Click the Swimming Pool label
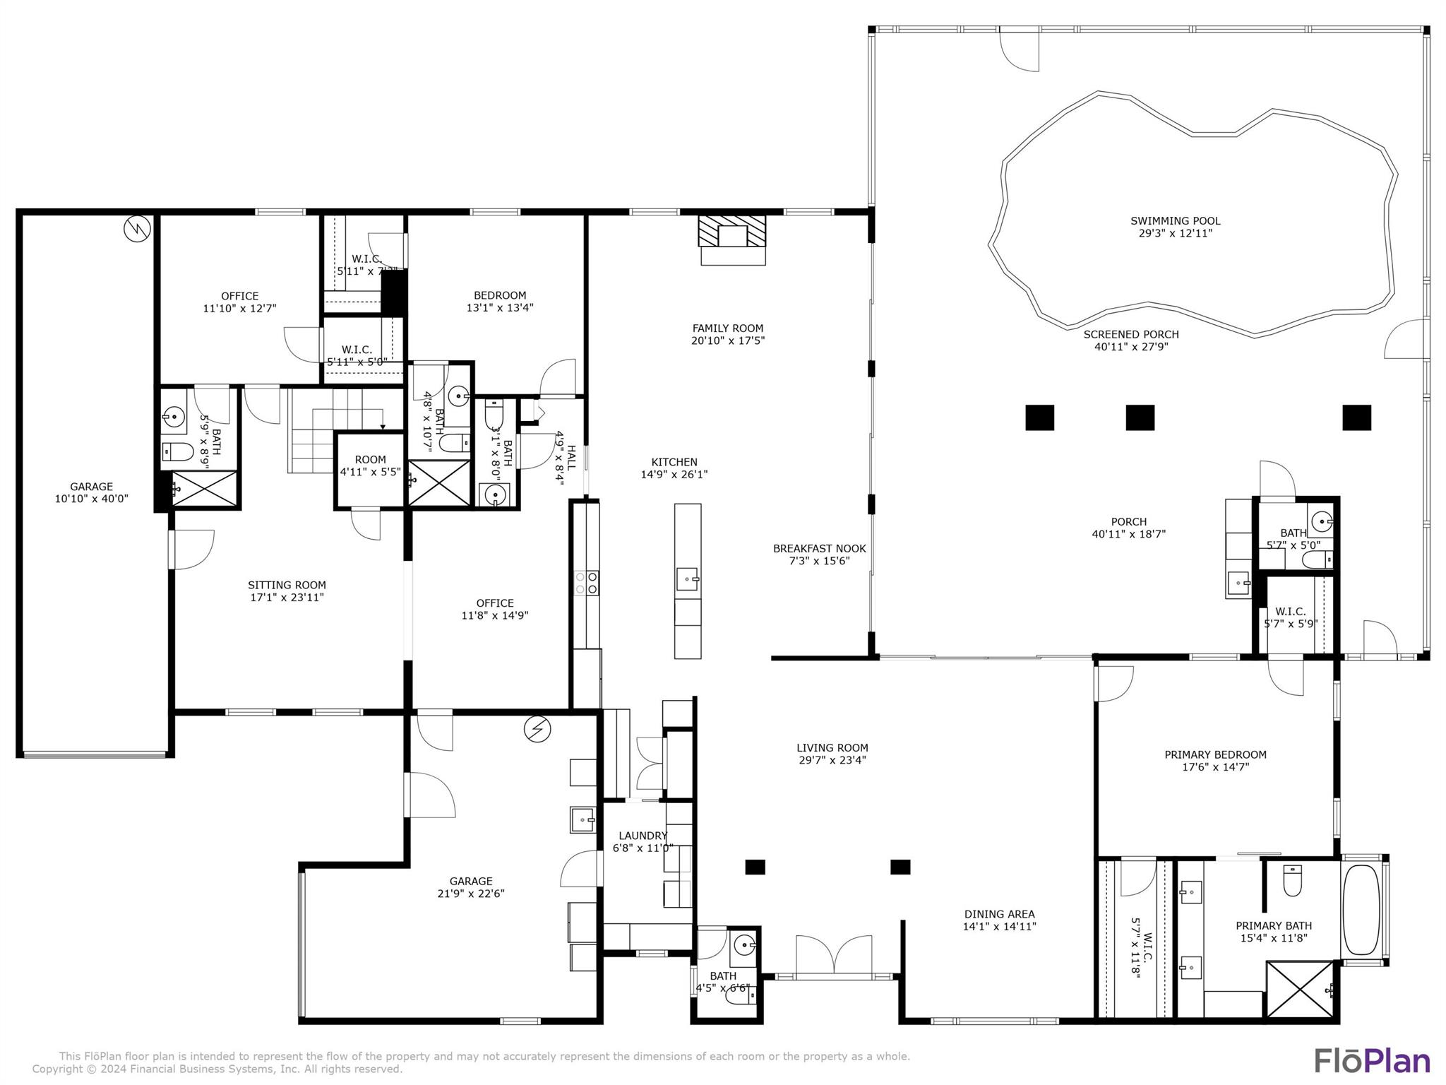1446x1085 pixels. coord(1175,221)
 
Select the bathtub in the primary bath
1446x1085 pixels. coord(1361,910)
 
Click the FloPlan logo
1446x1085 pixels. coord(1371,1061)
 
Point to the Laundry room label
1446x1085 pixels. coord(643,836)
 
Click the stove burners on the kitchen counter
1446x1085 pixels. coord(587,583)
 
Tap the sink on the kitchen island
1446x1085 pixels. coord(687,581)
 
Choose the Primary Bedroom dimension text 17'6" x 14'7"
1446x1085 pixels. coord(1215,766)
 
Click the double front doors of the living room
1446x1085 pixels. coord(834,955)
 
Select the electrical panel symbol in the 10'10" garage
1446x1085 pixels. coord(137,228)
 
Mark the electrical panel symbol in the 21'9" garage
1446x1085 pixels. coord(537,730)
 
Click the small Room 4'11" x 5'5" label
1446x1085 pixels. coord(370,460)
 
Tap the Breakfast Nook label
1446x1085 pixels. coord(819,549)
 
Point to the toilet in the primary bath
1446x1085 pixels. coord(1292,882)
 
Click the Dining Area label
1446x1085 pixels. coord(999,914)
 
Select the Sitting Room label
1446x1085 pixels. coord(287,585)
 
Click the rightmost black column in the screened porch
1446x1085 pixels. coord(1356,417)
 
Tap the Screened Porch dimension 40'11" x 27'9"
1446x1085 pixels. coord(1131,347)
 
